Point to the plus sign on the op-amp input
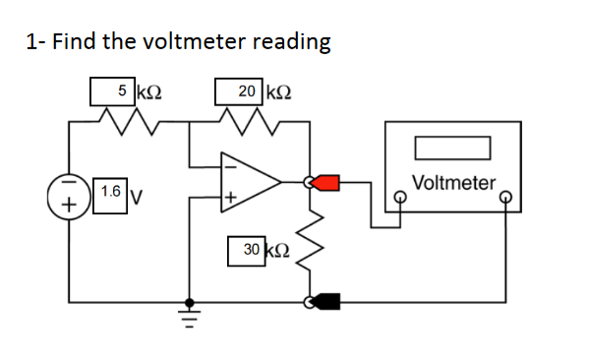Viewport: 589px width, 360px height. (x=231, y=200)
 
